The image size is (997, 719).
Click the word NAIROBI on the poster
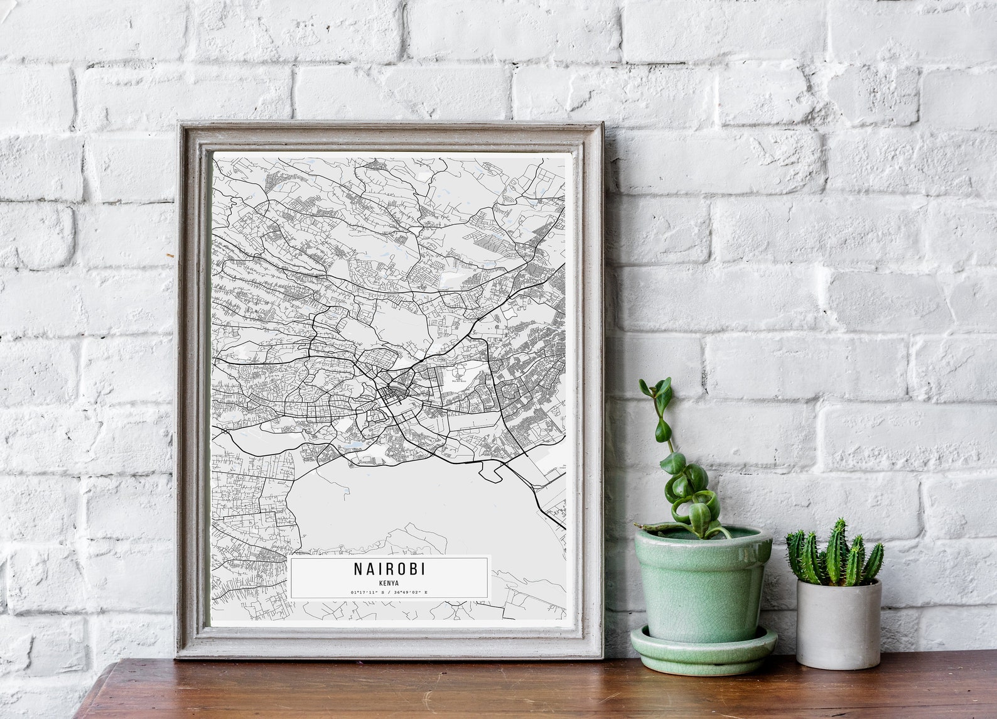click(x=389, y=569)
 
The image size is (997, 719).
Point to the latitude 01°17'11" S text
click(x=368, y=592)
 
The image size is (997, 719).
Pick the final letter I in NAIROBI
click(x=423, y=569)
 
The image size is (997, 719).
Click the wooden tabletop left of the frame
click(x=126, y=691)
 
